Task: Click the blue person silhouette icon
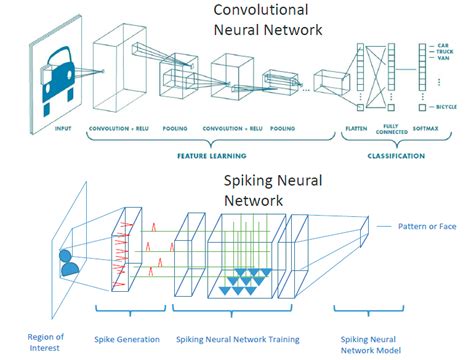pyautogui.click(x=69, y=261)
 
